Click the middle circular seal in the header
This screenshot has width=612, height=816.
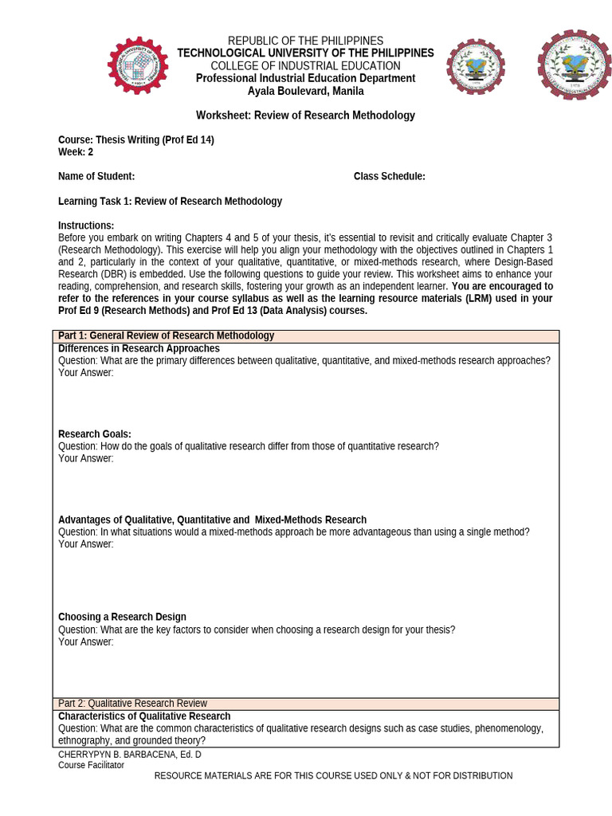476,67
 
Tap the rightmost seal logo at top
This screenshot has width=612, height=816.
573,65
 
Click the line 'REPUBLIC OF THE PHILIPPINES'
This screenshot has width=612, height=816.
305,41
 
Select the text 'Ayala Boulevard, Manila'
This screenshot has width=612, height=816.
305,91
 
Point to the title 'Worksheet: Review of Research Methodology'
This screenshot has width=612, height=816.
305,116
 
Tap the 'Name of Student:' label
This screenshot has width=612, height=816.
96,176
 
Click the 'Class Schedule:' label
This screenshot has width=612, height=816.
389,176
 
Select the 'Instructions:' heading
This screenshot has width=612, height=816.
86,226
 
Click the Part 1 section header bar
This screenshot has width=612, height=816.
306,335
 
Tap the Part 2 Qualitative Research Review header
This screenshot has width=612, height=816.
306,704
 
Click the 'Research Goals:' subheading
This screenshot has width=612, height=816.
95,434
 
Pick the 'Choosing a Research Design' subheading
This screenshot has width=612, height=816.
122,617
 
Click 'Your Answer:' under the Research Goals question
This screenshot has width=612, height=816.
86,458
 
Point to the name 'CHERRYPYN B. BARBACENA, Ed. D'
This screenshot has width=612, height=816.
130,754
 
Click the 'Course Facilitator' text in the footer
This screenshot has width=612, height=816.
91,765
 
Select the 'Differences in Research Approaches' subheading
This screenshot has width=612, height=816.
139,348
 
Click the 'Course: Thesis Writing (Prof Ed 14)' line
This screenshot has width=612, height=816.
135,140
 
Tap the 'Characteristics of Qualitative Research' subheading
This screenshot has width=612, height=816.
144,716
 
